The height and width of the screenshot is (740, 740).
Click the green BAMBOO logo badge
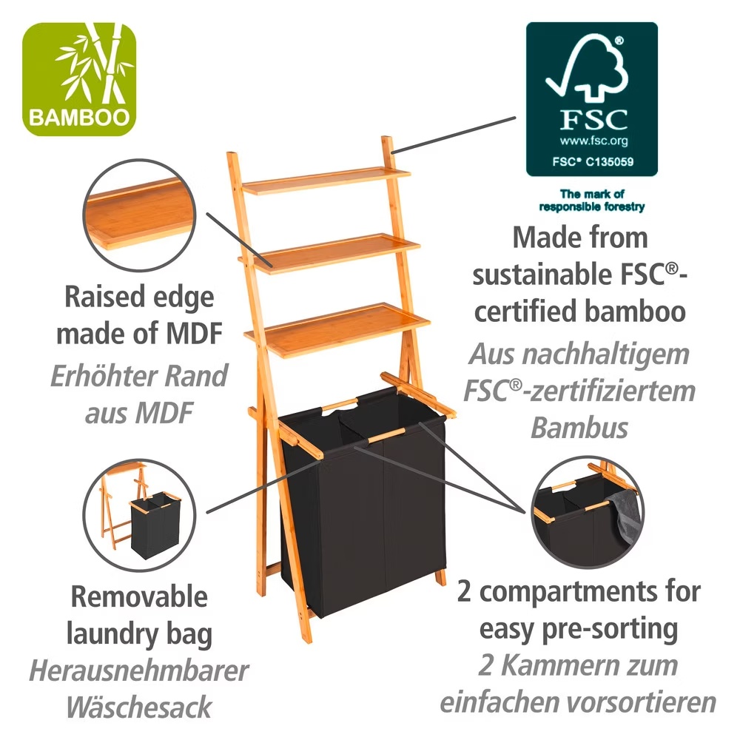pyautogui.click(x=79, y=79)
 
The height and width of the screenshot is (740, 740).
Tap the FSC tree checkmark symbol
pyautogui.click(x=588, y=68)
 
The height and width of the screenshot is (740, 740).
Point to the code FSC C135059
pyautogui.click(x=593, y=161)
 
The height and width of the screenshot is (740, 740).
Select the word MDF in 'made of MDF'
pyautogui.click(x=195, y=334)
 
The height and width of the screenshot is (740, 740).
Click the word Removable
pyautogui.click(x=139, y=596)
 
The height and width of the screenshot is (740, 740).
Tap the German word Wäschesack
pyautogui.click(x=139, y=707)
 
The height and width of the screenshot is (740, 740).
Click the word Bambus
pyautogui.click(x=579, y=428)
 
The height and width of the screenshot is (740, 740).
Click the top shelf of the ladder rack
pyautogui.click(x=326, y=181)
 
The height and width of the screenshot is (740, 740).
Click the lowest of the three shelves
pyautogui.click(x=337, y=330)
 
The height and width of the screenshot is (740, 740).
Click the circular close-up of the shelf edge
pyautogui.click(x=140, y=215)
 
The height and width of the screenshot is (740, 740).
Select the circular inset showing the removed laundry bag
pyautogui.click(x=140, y=515)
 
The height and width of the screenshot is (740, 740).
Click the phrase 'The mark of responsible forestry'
pyautogui.click(x=592, y=200)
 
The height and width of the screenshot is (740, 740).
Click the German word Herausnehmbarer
pyautogui.click(x=139, y=670)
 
